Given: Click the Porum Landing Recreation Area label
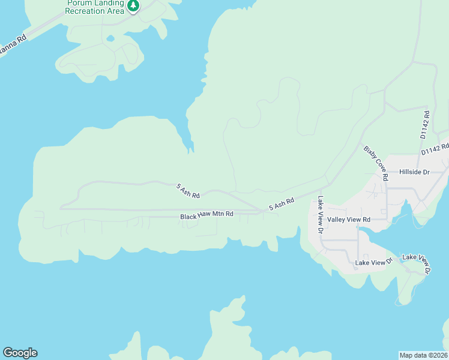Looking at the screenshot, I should [x=95, y=7].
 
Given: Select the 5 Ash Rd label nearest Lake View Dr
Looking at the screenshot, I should [x=282, y=204].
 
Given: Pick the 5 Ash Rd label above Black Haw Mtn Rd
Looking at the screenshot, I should [x=187, y=191].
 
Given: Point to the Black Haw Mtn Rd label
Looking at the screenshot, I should [x=206, y=215].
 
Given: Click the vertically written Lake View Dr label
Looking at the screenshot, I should [x=321, y=215].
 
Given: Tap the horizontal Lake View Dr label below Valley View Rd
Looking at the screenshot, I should [x=373, y=262].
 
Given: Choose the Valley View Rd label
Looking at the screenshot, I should [x=349, y=220].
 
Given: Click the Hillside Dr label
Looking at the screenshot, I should [x=415, y=172].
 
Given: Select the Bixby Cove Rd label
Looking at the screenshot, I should [x=374, y=162].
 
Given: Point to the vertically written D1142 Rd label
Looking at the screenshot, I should [x=424, y=125].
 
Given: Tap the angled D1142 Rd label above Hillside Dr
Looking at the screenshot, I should [x=435, y=149].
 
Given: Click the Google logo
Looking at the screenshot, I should [x=20, y=353].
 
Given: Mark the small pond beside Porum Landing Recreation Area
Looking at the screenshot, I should [x=110, y=39].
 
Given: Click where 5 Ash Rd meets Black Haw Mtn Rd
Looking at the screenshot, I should [x=262, y=211].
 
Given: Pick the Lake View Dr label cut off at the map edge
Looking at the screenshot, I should [x=416, y=265].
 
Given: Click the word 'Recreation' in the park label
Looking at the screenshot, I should [x=85, y=11].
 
